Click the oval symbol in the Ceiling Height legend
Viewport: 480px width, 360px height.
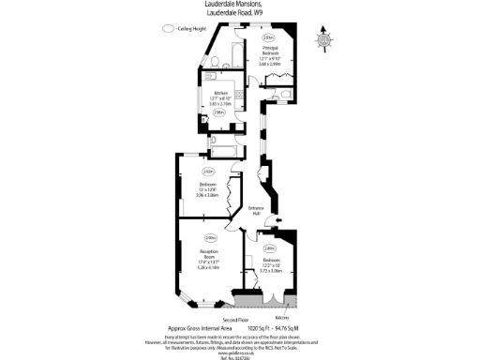coord(168,29)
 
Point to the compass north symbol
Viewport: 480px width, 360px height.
coord(323,38)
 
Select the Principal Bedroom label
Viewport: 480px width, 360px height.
coord(270,51)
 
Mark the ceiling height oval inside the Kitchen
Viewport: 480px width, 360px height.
coord(219,112)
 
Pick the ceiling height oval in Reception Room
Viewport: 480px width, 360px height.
coord(210,237)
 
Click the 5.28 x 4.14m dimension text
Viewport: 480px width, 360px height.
coord(209,267)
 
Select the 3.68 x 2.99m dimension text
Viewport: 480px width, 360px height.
coord(270,64)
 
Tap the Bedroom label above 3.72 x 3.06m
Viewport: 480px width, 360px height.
coord(270,259)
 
